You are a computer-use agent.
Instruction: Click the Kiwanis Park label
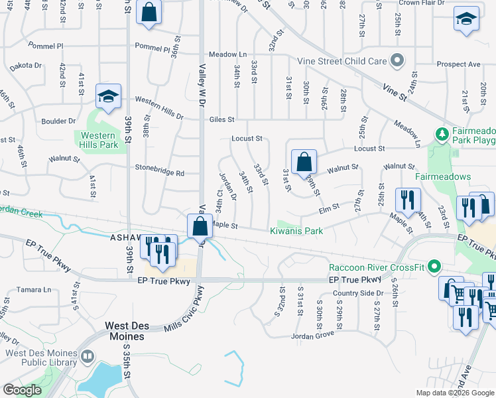[296, 232]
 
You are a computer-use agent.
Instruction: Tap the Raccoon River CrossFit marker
[434, 268]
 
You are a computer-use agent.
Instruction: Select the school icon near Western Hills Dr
[107, 97]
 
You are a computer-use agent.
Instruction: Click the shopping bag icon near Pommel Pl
[149, 12]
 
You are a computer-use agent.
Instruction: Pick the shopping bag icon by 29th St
[303, 161]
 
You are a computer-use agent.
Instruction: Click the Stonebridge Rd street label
[160, 172]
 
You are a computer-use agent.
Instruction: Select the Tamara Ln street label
[33, 290]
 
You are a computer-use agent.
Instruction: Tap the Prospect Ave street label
[458, 64]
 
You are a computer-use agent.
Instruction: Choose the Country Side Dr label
[358, 293]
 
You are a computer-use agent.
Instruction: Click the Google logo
[22, 390]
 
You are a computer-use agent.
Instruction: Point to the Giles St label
[221, 120]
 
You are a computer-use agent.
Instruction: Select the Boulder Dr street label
[58, 121]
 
